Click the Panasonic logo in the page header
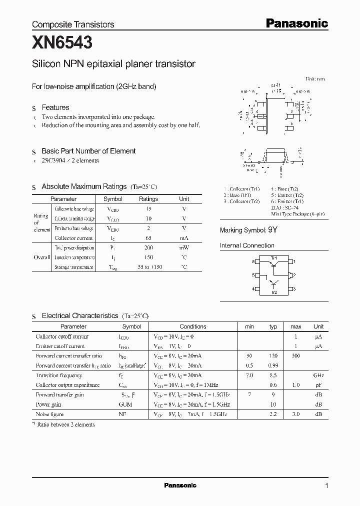[x=296, y=23]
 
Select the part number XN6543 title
[x=62, y=43]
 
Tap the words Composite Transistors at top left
[x=73, y=24]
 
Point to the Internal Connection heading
[x=247, y=245]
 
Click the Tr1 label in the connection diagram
[x=273, y=257]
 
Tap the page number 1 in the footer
[x=326, y=485]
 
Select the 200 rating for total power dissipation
[x=148, y=247]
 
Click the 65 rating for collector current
[x=148, y=238]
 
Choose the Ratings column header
[x=148, y=199]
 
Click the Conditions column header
[x=192, y=326]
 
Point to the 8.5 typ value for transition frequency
[x=273, y=375]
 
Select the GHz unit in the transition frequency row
[x=318, y=375]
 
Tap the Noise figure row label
[x=49, y=414]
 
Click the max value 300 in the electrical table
[x=296, y=355]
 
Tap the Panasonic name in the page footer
[x=180, y=485]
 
